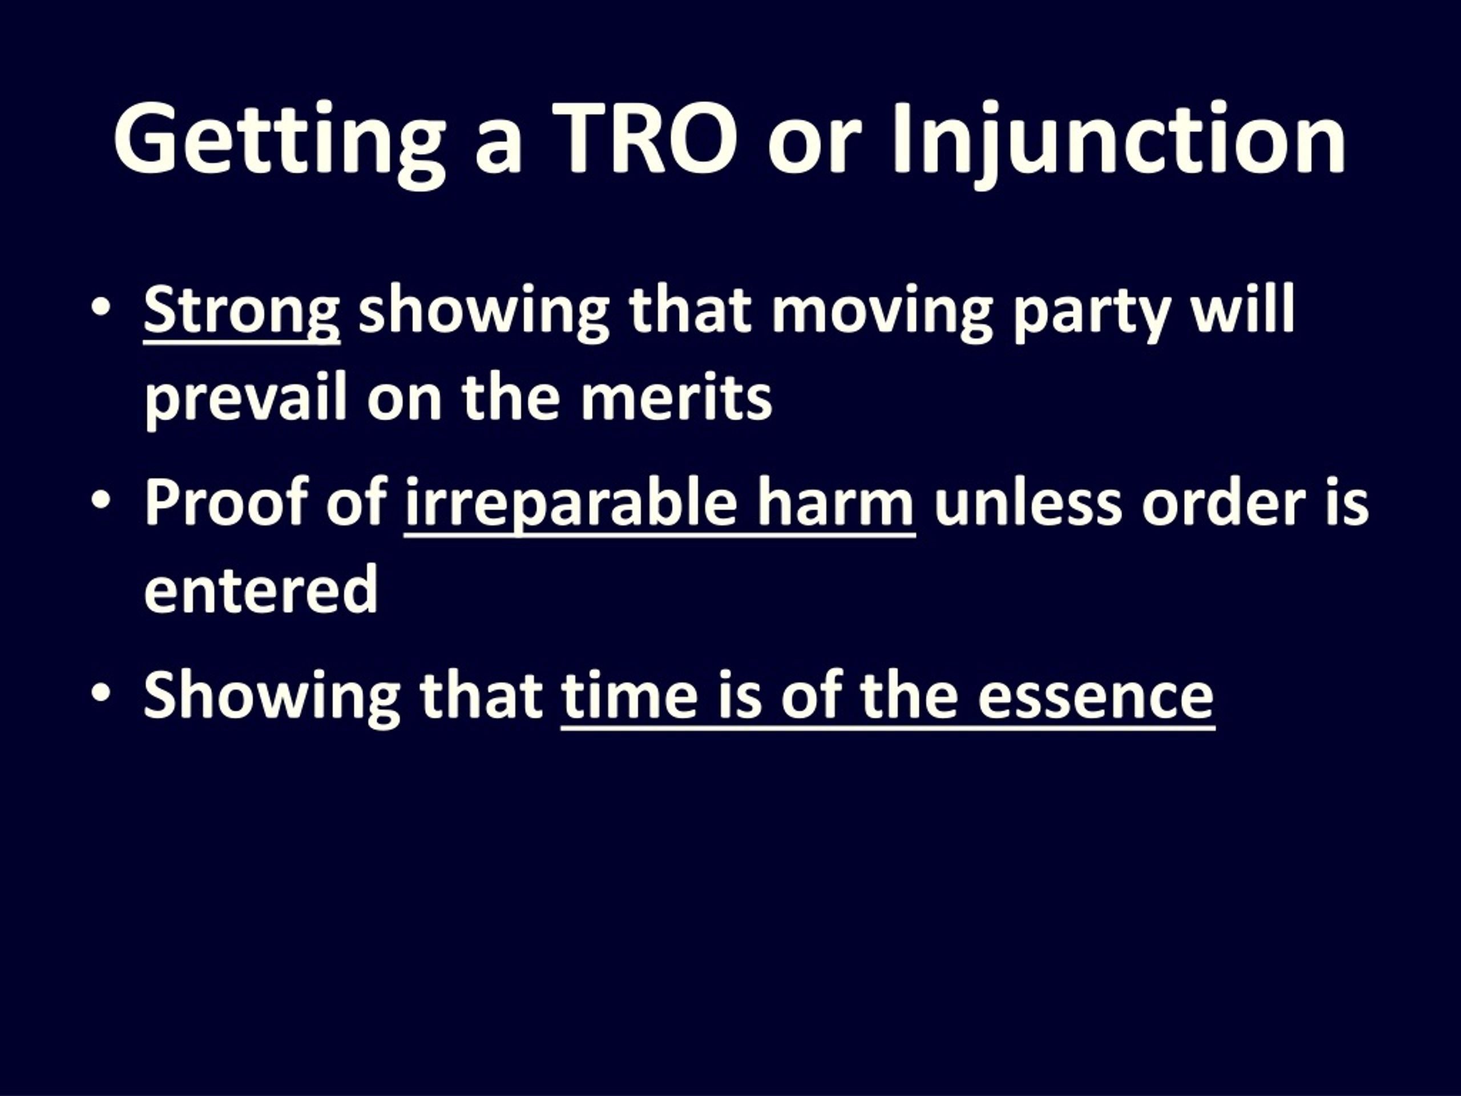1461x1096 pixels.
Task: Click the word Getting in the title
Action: [x=280, y=140]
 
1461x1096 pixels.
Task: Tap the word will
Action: [x=1242, y=307]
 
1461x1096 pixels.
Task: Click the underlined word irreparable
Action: [x=571, y=505]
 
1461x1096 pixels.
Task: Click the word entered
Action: [x=261, y=589]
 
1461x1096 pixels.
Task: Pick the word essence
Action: [x=1096, y=700]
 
